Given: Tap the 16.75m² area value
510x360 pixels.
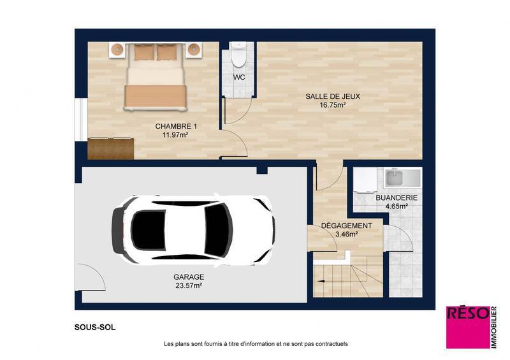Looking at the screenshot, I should (x=333, y=105).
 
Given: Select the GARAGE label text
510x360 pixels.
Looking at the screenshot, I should (x=189, y=277).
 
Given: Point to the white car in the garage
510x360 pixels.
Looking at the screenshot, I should (x=193, y=230).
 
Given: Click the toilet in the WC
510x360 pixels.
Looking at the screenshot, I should (x=238, y=56).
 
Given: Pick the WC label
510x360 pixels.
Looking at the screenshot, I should (x=239, y=77).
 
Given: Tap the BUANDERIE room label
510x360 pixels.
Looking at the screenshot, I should (x=397, y=198).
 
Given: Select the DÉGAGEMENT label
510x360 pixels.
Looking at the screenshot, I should (x=346, y=226).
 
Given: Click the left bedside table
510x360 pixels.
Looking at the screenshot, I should (x=118, y=50).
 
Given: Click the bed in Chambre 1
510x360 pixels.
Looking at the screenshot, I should (x=156, y=75).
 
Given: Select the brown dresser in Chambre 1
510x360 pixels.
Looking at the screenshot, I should (x=111, y=148).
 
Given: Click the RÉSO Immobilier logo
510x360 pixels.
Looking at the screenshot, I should (x=470, y=326).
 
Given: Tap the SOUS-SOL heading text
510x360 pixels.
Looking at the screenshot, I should (x=95, y=328).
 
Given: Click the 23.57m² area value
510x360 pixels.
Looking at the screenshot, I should (x=189, y=286).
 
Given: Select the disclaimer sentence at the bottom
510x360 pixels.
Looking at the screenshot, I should (x=256, y=344).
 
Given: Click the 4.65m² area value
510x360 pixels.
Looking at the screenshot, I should (x=397, y=207).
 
